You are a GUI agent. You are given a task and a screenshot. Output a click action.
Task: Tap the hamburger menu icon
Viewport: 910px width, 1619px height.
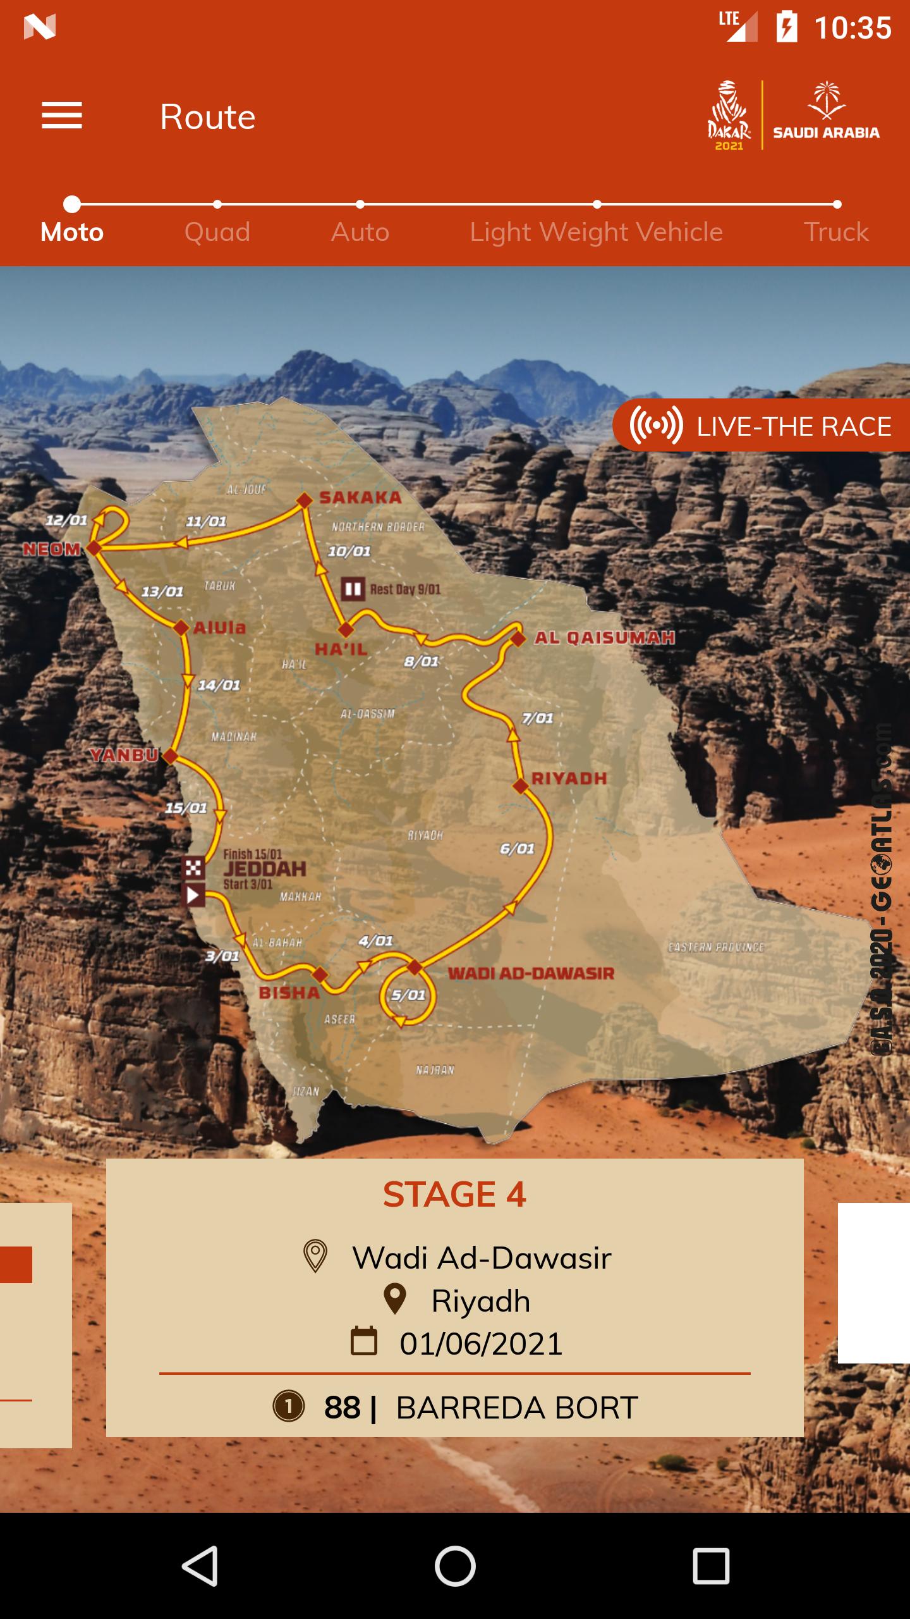[x=62, y=116]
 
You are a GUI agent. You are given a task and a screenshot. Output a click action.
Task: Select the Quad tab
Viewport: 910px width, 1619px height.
[x=217, y=231]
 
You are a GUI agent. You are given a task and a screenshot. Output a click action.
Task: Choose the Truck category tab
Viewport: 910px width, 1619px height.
[x=835, y=231]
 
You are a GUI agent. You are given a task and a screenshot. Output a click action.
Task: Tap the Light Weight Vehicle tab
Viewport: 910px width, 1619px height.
[x=596, y=231]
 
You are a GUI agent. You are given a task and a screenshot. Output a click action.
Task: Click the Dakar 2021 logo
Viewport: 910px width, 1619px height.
[x=729, y=116]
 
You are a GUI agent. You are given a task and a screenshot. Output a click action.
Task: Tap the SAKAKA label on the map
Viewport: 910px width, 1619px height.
[x=360, y=498]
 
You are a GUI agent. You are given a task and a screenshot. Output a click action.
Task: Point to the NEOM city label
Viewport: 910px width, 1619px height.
[x=52, y=549]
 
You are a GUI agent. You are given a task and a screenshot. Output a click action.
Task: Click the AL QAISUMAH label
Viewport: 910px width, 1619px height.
[x=604, y=637]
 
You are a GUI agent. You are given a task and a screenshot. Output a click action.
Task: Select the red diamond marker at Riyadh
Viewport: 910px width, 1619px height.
[x=520, y=786]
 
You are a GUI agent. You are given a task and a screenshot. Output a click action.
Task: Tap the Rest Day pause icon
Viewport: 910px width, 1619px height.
[x=353, y=589]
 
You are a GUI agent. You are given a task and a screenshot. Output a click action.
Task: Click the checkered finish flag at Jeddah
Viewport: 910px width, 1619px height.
[x=193, y=868]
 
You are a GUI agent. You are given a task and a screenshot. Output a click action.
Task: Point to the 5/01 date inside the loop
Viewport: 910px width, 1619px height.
[x=408, y=995]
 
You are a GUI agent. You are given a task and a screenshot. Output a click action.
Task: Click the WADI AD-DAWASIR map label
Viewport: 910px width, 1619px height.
[x=531, y=973]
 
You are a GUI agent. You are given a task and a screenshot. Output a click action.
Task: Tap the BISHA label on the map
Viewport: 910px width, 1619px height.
[x=289, y=992]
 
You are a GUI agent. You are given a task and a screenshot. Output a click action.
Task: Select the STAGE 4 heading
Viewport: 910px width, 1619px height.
[x=454, y=1195]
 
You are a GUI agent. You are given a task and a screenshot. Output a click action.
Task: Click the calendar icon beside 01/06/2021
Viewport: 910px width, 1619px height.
[x=364, y=1343]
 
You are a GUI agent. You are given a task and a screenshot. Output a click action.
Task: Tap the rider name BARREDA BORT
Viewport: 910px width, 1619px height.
[x=517, y=1408]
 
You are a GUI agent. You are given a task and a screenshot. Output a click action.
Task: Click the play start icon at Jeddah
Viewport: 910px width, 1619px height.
[x=193, y=895]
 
